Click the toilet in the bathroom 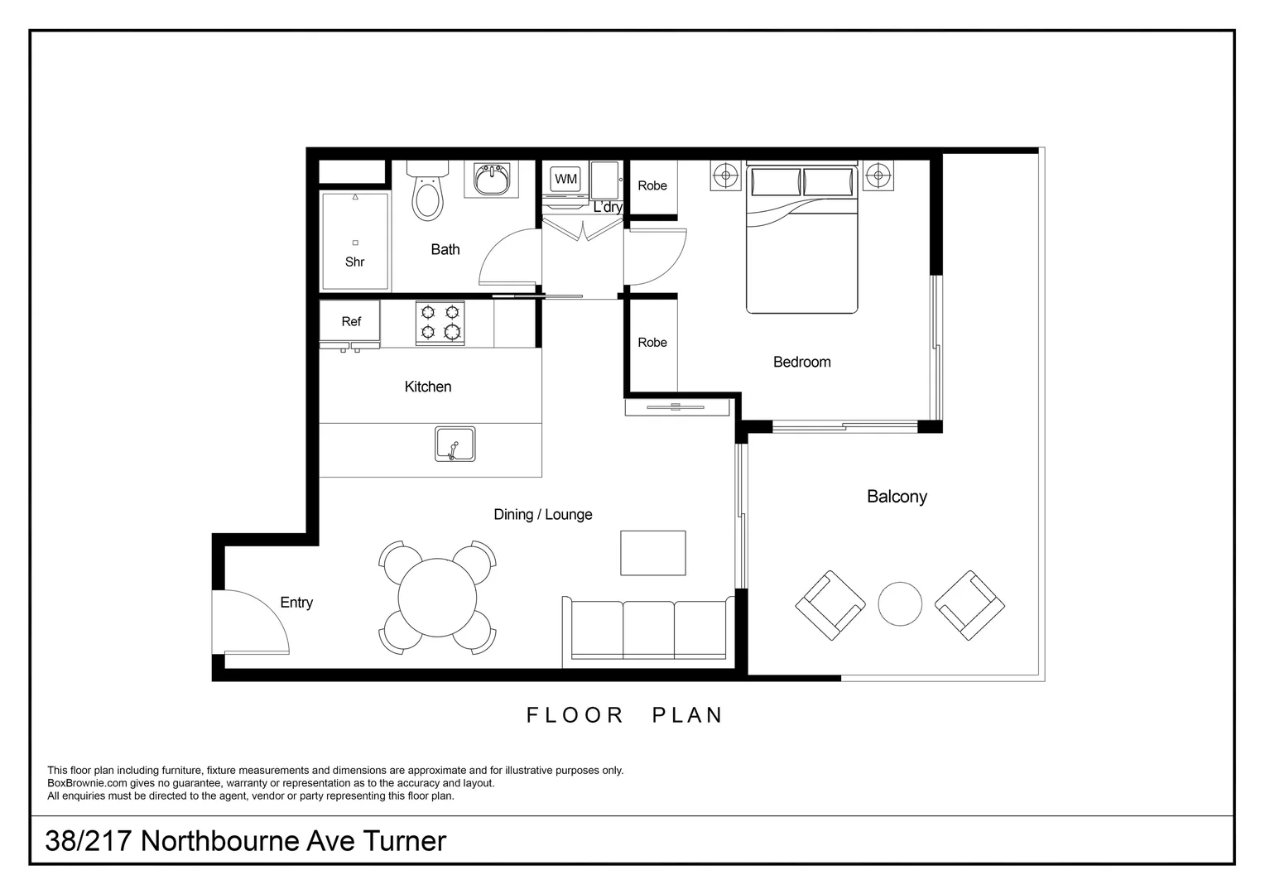[427, 196]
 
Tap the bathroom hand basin [491, 179]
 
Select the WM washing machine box [566, 179]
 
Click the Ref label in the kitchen [351, 321]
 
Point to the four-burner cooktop [440, 323]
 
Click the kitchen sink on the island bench [455, 445]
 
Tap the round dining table [437, 598]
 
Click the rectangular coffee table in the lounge [653, 553]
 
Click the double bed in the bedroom [801, 240]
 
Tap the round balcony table [900, 604]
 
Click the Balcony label [897, 497]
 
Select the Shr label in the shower [354, 262]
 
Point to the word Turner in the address [406, 841]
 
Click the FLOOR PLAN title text [625, 715]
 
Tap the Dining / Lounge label [543, 514]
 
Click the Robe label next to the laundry [652, 185]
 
